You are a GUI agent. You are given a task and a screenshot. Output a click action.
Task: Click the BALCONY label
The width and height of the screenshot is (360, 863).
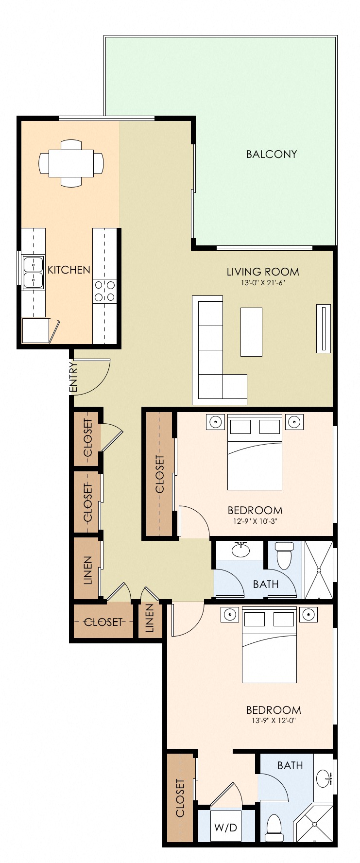click(271, 154)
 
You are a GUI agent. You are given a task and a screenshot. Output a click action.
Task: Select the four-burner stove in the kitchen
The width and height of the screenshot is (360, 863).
click(105, 291)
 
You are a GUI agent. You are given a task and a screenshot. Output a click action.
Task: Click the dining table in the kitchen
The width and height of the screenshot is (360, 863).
click(71, 163)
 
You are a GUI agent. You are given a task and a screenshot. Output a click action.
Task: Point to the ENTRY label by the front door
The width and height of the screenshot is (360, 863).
click(74, 377)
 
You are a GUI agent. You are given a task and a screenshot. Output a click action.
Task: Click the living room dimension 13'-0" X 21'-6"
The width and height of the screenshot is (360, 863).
click(263, 282)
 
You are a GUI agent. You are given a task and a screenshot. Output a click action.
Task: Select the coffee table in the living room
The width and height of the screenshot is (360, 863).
click(251, 332)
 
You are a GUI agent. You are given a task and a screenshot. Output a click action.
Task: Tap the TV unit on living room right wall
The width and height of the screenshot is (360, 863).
click(323, 328)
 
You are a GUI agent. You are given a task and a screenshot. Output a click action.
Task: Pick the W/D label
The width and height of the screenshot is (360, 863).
click(226, 827)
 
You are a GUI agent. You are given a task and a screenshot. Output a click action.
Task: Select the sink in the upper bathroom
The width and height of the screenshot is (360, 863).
click(240, 550)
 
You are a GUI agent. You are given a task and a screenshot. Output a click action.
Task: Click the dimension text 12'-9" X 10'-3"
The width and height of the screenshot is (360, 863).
click(255, 521)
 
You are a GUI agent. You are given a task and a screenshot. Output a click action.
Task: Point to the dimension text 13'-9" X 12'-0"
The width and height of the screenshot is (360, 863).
click(274, 721)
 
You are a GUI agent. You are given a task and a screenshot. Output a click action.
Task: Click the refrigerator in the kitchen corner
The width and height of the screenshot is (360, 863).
click(36, 330)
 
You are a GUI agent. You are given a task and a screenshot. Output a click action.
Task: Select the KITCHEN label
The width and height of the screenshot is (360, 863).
click(69, 270)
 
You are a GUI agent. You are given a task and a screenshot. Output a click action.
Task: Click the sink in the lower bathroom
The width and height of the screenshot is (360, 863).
click(324, 778)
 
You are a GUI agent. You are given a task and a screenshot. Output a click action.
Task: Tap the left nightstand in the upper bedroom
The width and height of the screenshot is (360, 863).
click(215, 422)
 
